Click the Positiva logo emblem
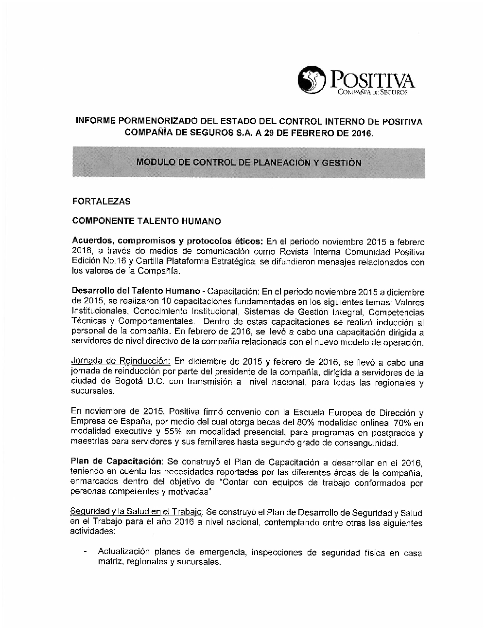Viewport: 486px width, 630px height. [312, 79]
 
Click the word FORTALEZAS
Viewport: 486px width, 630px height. [101, 201]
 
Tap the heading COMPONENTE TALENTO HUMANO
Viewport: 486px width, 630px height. [146, 221]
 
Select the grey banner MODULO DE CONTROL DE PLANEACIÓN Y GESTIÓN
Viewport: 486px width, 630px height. [249, 163]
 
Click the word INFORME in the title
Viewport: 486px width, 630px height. [95, 121]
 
